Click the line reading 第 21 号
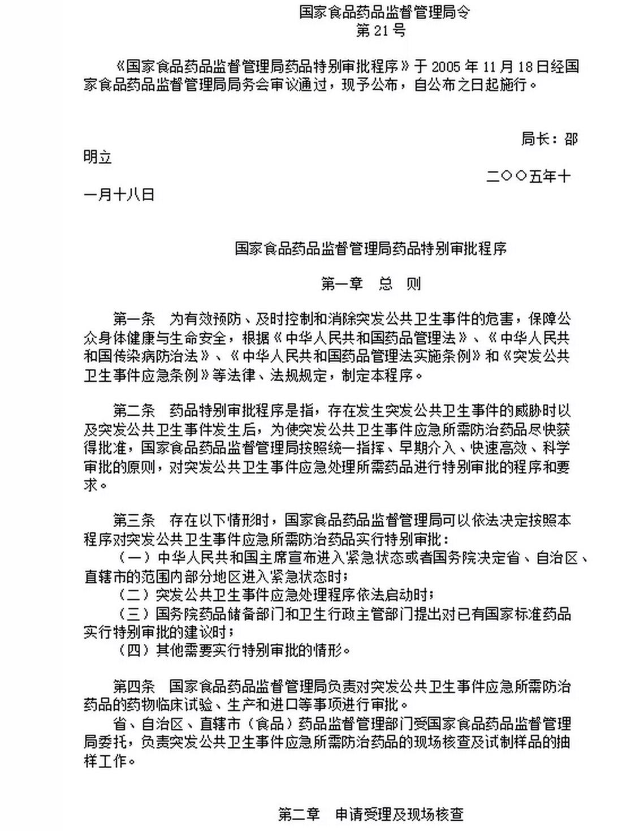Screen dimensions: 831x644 381,31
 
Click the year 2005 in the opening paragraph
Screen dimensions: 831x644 446,67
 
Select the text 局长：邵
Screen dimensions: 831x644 549,139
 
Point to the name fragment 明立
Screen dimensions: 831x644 98,157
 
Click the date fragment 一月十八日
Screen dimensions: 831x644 119,195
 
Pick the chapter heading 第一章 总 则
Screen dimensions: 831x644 371,283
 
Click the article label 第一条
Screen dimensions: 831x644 134,318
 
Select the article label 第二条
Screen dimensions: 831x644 134,410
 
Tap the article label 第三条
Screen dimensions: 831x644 134,520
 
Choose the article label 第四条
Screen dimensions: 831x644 134,687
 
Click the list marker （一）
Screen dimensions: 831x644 134,558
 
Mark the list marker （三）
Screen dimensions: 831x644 134,613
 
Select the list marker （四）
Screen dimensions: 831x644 134,650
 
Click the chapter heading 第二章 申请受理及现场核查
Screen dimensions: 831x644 371,814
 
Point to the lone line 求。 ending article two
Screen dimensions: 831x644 96,485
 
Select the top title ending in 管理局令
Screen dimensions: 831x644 384,12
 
